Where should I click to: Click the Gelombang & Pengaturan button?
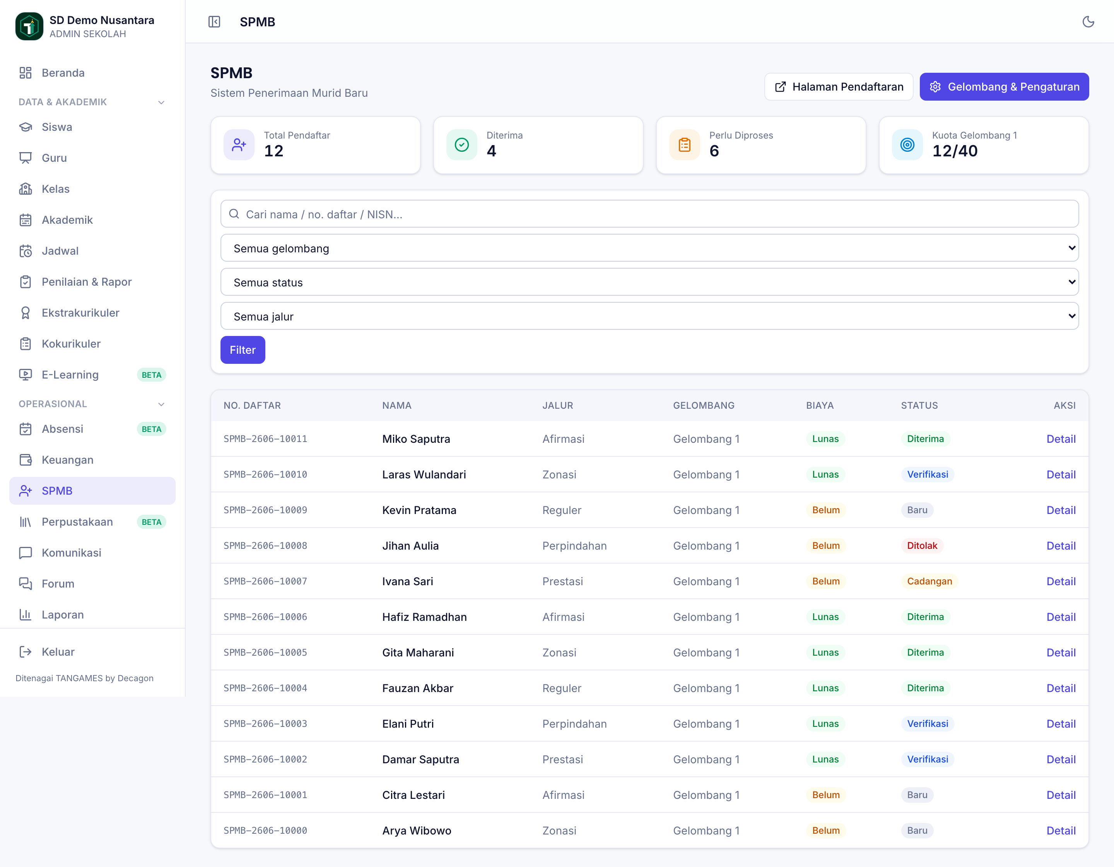pyautogui.click(x=1004, y=87)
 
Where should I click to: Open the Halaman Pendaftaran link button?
pyautogui.click(x=839, y=87)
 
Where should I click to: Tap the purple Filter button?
pyautogui.click(x=243, y=350)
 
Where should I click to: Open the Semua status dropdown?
pyautogui.click(x=649, y=282)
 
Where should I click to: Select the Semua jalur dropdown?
pyautogui.click(x=649, y=316)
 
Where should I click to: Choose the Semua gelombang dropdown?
pyautogui.click(x=649, y=248)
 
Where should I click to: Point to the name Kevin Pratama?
pyautogui.click(x=419, y=510)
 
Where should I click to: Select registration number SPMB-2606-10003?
pyautogui.click(x=265, y=724)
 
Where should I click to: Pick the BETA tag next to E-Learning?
pyautogui.click(x=152, y=375)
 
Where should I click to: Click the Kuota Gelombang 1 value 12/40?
pyautogui.click(x=955, y=151)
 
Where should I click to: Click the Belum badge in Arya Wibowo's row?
pyautogui.click(x=826, y=831)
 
